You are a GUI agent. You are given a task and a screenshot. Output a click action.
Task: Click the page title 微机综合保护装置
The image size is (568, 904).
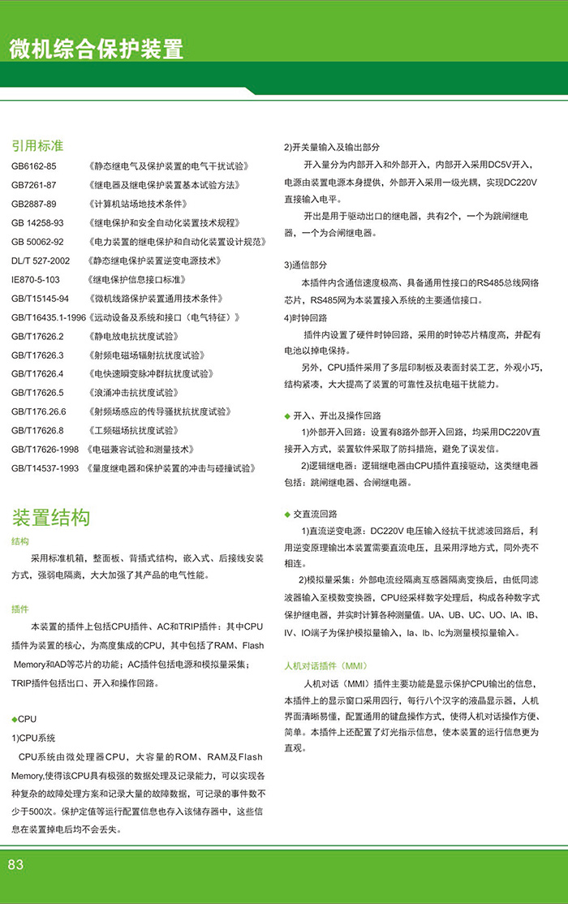point(97,50)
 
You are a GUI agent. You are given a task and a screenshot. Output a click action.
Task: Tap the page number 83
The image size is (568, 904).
point(16,865)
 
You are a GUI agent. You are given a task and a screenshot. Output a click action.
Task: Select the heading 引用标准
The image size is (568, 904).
point(37,146)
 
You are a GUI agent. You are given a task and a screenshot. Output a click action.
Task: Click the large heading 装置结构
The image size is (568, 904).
point(50,517)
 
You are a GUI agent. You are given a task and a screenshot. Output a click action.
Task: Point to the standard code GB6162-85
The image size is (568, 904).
point(33,166)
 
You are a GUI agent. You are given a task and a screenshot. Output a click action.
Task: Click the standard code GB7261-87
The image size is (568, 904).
point(33,185)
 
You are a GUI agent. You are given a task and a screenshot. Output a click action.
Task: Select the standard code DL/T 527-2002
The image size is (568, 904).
point(41,260)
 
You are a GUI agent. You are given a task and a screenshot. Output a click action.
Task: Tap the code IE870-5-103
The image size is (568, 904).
point(35,279)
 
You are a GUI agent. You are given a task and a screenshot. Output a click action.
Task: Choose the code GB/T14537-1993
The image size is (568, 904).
point(45,468)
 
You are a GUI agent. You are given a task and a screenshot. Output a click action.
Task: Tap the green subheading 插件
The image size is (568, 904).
point(20,609)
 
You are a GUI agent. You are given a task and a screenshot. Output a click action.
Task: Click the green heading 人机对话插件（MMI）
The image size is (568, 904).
point(325,665)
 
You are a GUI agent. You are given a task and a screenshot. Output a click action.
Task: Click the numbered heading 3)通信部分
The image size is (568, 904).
point(306,265)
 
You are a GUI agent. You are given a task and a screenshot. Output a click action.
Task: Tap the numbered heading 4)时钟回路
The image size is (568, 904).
point(306,317)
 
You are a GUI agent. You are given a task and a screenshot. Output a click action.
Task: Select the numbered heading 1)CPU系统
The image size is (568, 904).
point(33,738)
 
